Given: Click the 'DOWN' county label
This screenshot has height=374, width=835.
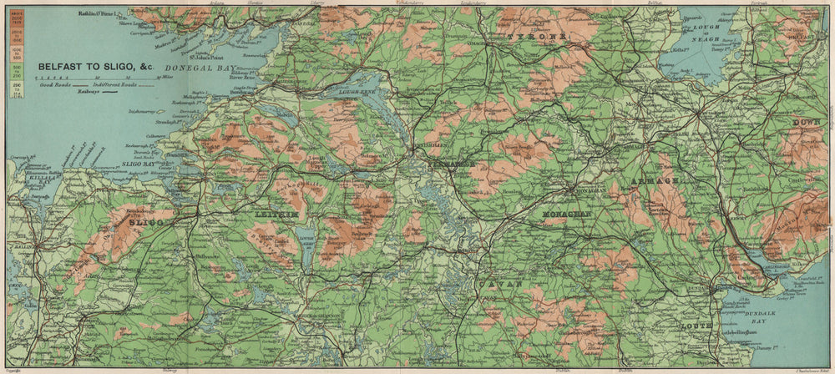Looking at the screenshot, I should [806, 122].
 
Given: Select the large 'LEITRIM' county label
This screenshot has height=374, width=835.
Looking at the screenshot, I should [275, 215].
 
